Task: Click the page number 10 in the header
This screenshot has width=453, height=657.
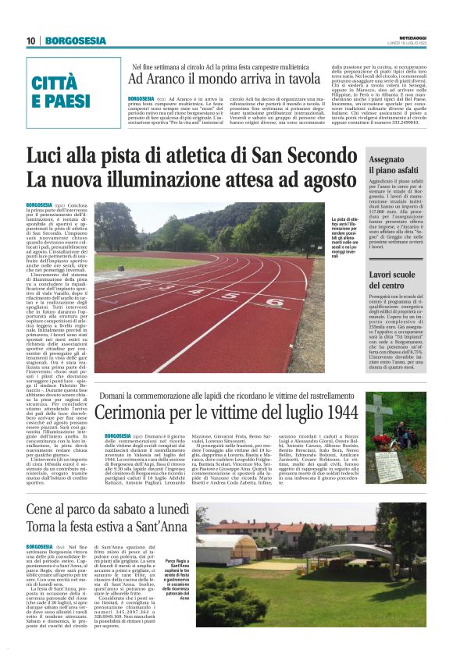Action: [31, 41]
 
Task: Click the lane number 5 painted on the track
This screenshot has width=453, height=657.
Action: [198, 293]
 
